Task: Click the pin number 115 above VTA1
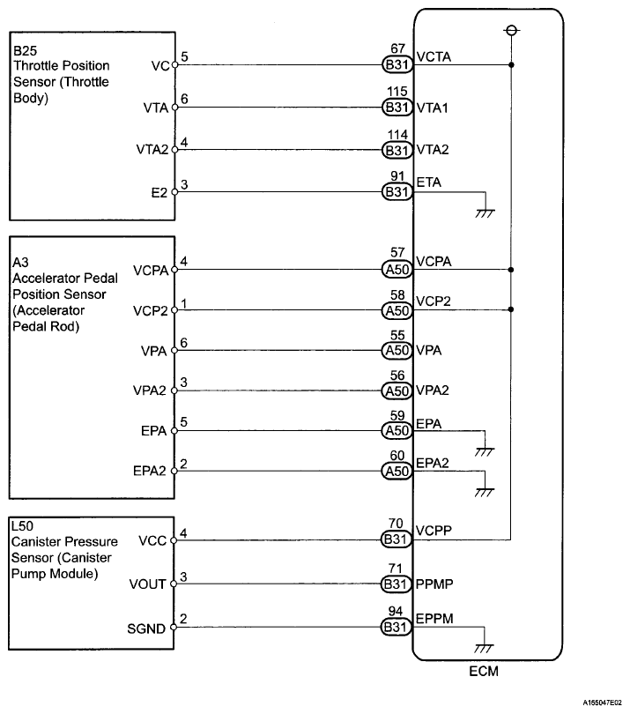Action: click(x=397, y=93)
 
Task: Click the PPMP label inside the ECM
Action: click(x=435, y=583)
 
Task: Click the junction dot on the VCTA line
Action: click(x=512, y=65)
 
